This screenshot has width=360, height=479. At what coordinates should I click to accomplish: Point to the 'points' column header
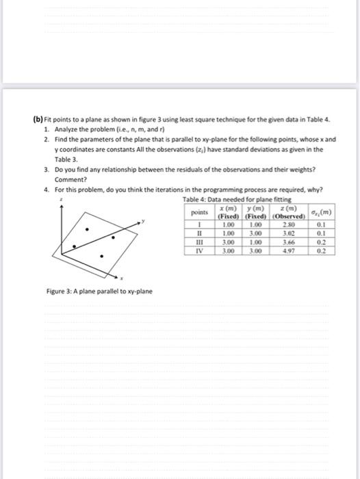tap(198, 212)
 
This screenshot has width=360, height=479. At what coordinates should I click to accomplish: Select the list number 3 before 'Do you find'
tap(45, 166)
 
